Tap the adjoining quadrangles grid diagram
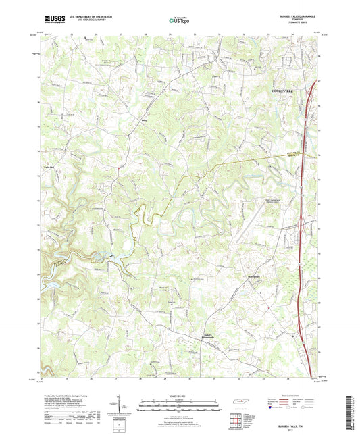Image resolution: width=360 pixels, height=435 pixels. pos(237,419)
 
